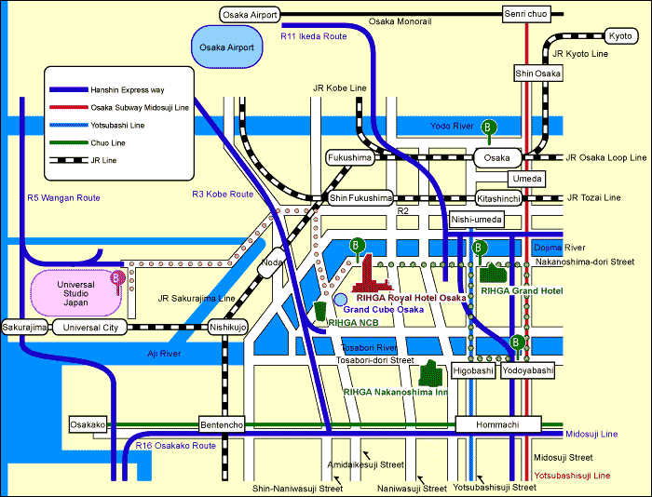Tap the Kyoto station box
(619, 36)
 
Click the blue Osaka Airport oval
(226, 47)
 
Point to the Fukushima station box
(349, 158)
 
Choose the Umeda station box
(526, 178)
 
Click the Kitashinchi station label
(496, 198)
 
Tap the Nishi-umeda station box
(477, 219)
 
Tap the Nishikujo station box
(228, 328)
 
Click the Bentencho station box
(221, 424)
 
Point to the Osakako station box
(88, 424)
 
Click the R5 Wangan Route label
(63, 198)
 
